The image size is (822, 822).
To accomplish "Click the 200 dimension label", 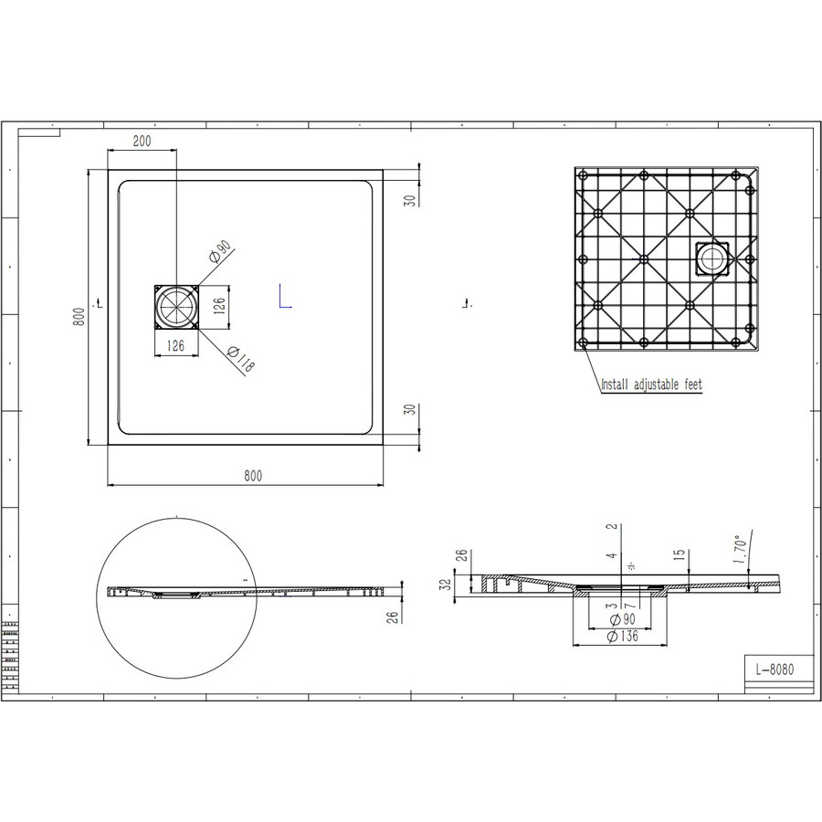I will pos(142,141).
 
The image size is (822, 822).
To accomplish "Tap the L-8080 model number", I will pos(775,669).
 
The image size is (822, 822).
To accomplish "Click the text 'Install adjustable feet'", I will pos(651,385).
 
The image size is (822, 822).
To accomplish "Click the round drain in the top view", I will pos(174,307).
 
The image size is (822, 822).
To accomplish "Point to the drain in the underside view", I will pos(711,258).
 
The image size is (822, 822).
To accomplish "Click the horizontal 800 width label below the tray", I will pos(253,475).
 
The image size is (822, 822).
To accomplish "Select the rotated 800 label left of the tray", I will pos(80,317).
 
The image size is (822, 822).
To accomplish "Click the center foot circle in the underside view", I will pos(644,259).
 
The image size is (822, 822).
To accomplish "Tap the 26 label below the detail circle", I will pos(392,617).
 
